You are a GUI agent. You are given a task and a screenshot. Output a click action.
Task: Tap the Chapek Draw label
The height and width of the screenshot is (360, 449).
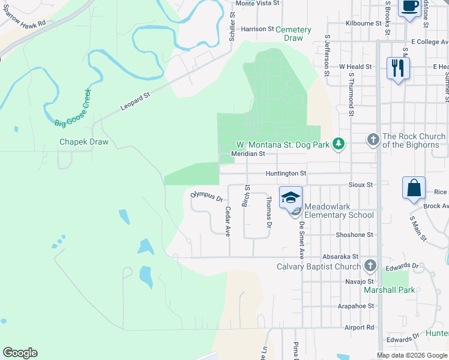[83, 142]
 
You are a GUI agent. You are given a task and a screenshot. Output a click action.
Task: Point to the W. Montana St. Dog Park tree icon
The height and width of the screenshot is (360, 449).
[339, 143]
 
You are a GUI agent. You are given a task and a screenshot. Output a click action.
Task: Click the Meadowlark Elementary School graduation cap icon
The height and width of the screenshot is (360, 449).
[290, 197]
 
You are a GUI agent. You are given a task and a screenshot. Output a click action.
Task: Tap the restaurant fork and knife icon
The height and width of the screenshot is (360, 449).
[397, 68]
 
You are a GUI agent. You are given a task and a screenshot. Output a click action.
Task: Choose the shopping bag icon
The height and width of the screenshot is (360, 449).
[414, 188]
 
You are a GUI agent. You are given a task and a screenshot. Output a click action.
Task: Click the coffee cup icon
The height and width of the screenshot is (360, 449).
[410, 7]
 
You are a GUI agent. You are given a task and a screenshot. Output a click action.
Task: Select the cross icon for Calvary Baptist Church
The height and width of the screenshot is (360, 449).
[370, 265]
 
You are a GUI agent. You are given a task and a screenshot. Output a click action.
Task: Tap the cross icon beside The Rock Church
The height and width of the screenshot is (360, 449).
[373, 140]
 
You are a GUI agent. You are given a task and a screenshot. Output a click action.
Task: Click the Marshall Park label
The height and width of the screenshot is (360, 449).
[389, 290]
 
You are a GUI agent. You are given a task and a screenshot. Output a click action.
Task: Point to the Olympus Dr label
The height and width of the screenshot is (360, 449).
[206, 196]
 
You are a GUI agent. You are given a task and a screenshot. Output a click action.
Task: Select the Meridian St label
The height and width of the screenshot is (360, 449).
[249, 154]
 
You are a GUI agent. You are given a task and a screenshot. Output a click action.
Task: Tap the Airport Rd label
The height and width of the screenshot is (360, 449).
[359, 328]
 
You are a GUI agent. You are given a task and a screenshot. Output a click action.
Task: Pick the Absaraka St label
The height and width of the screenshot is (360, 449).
[339, 256]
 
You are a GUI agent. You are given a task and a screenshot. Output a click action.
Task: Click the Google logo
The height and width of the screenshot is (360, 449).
[20, 353]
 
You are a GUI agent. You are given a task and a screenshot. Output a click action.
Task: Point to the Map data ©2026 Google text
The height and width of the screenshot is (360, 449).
[411, 355]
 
